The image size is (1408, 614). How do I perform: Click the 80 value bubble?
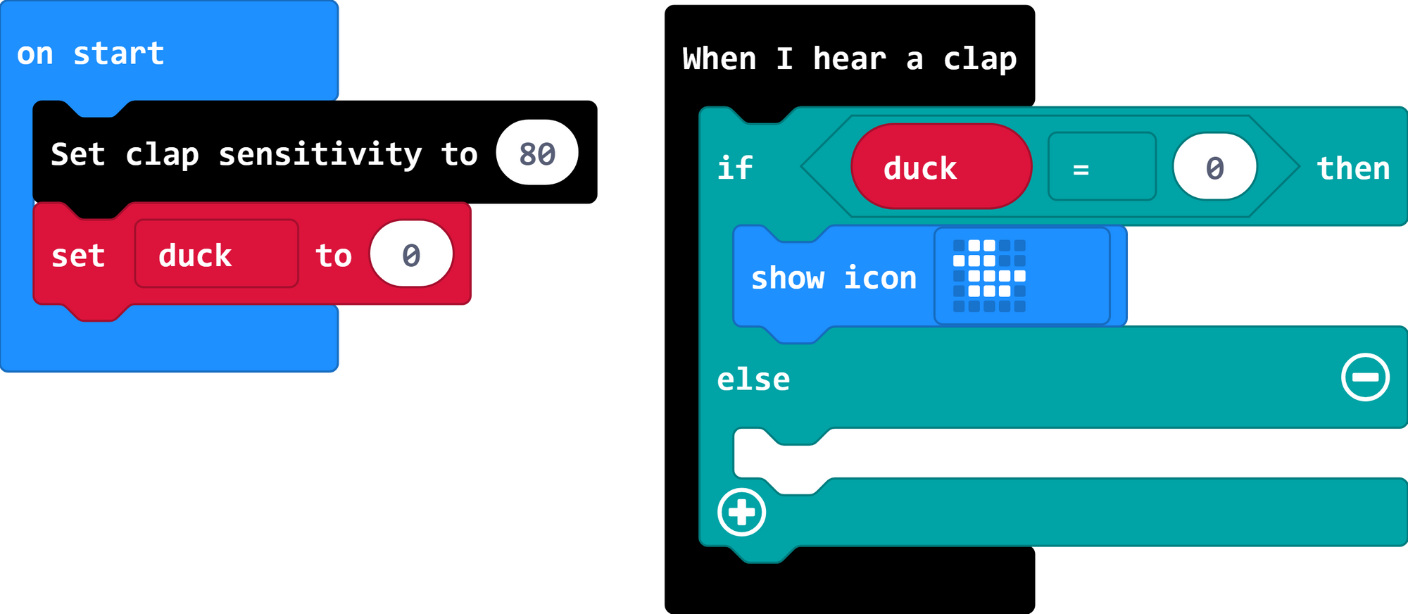(x=537, y=153)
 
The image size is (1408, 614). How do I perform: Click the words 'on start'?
(x=90, y=54)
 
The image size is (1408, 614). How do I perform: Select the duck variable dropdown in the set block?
(x=216, y=254)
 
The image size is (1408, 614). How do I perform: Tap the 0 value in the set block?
(x=411, y=255)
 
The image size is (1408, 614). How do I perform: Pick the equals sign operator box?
(x=1101, y=168)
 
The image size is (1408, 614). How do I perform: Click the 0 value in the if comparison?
(x=1214, y=168)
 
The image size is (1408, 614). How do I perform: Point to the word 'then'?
(x=1353, y=168)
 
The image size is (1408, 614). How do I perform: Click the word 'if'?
(x=734, y=168)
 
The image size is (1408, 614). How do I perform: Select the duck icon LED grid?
(x=989, y=276)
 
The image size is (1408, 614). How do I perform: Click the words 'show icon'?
(x=834, y=278)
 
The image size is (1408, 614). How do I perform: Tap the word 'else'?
(x=753, y=380)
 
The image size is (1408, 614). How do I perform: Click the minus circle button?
(x=1365, y=377)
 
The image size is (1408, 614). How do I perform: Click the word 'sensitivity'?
(x=320, y=154)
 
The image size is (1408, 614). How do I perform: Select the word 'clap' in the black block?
(x=162, y=154)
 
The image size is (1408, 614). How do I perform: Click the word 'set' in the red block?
(x=78, y=256)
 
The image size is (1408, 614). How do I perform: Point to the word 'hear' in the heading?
(x=849, y=58)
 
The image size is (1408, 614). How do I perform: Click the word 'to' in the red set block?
(x=333, y=256)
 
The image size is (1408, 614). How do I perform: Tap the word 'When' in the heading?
(x=719, y=58)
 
